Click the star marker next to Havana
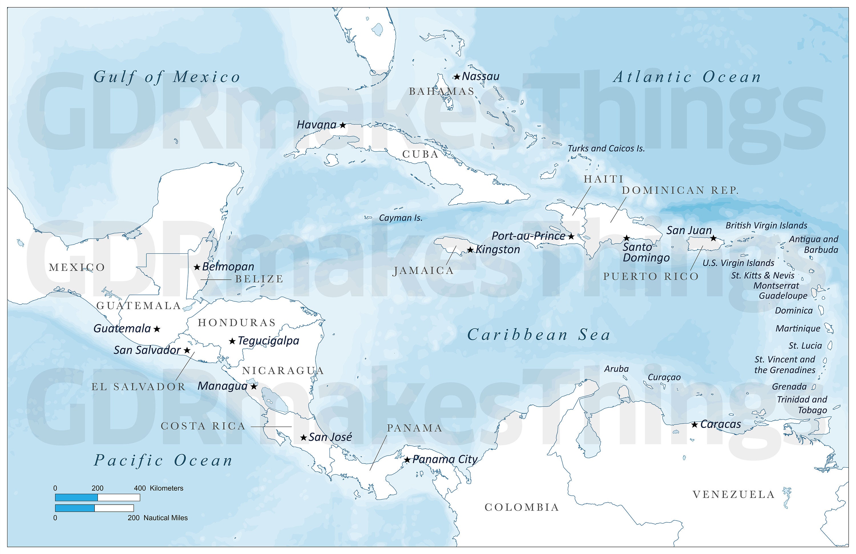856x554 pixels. [x=343, y=125]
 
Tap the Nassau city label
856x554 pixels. [x=481, y=76]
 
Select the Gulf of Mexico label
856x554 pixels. [x=167, y=77]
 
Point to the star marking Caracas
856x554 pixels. [x=695, y=425]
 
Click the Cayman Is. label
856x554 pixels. [x=401, y=218]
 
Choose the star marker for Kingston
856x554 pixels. [x=470, y=250]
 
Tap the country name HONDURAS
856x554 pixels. [x=237, y=323]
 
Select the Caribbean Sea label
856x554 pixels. [x=539, y=335]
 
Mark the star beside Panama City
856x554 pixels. [x=407, y=460]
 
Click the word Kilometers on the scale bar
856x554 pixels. [x=167, y=488]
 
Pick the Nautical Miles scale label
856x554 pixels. [x=165, y=518]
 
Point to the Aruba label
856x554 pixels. [x=616, y=369]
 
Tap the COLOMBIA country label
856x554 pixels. [x=522, y=507]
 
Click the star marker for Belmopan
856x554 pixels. [x=197, y=267]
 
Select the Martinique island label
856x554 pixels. [x=798, y=329]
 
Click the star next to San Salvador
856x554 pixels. [x=187, y=350]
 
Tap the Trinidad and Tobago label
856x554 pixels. [x=802, y=405]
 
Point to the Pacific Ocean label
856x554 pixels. [x=163, y=460]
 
